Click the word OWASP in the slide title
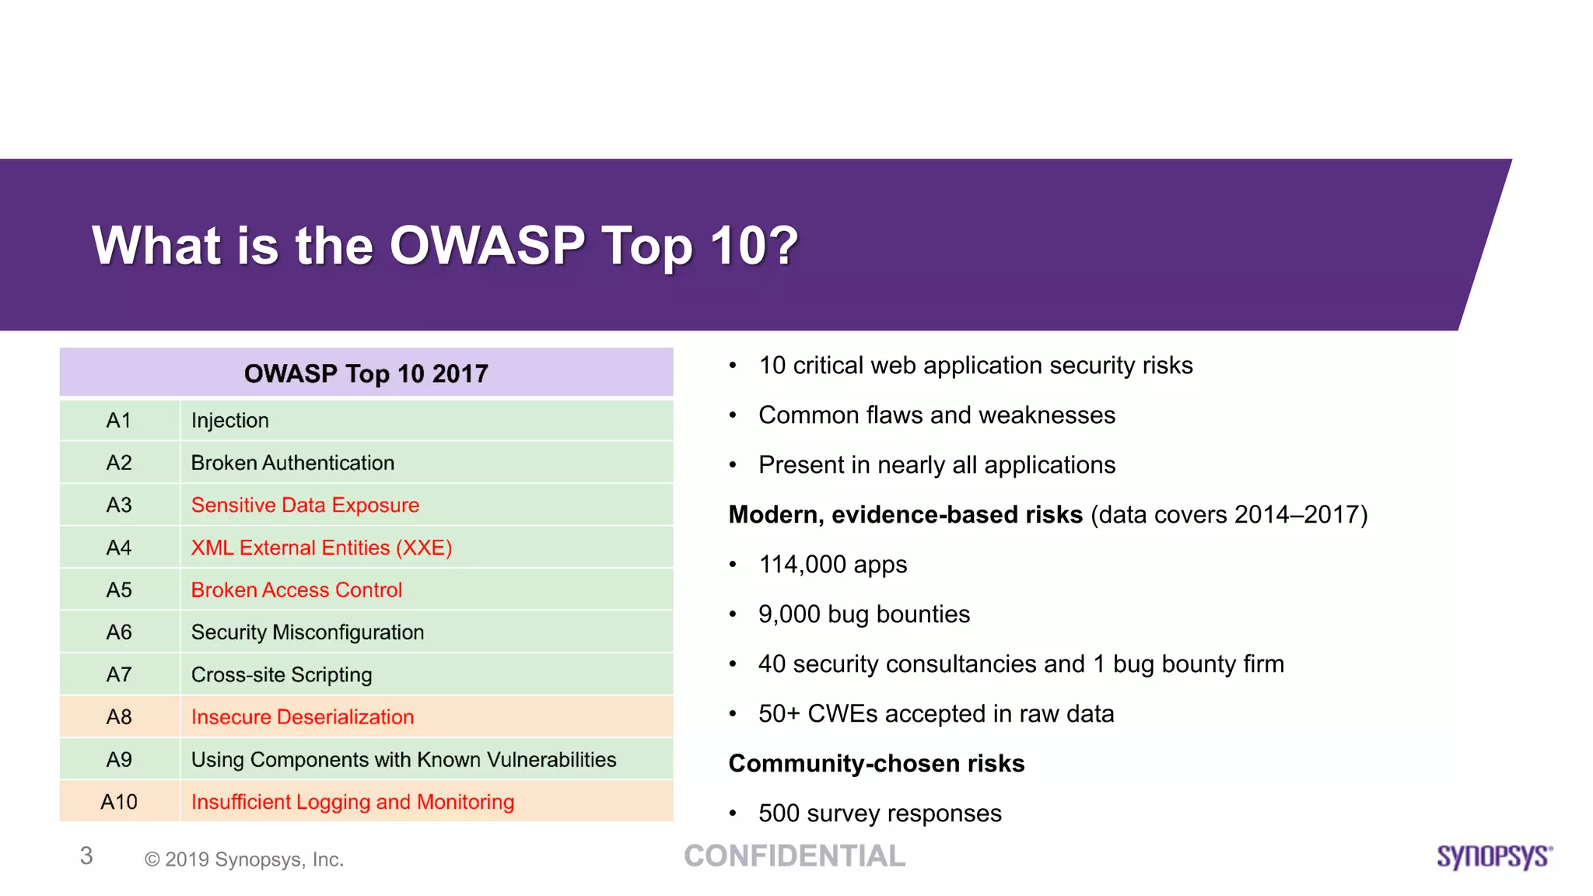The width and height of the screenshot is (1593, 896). coord(487,246)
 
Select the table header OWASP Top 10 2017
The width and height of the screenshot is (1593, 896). coord(366,373)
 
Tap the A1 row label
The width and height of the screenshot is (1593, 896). coord(118,421)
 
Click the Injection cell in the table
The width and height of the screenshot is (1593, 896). coord(229,421)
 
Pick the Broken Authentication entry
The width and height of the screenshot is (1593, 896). coord(292,463)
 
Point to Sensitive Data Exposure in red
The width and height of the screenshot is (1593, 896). coord(305,506)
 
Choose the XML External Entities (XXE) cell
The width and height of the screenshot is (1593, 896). coord(321,548)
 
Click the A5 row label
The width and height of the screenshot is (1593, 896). coord(118,590)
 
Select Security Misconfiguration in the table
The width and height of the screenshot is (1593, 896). coord(307,632)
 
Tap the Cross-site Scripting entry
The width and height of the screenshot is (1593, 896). coord(282,675)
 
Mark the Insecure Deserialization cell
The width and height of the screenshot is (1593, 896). coord(303,717)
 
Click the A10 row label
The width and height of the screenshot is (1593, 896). coord(118,802)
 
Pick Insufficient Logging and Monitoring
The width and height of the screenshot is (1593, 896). coord(352,802)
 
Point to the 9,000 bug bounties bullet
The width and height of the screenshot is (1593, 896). coord(863,614)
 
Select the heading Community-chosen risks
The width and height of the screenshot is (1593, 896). coord(876,764)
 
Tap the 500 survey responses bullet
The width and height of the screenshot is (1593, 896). coord(879,814)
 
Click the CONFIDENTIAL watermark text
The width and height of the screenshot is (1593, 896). coord(794,856)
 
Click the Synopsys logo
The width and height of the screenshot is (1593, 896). coord(1493,856)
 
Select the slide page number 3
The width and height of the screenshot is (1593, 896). coord(86,856)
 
